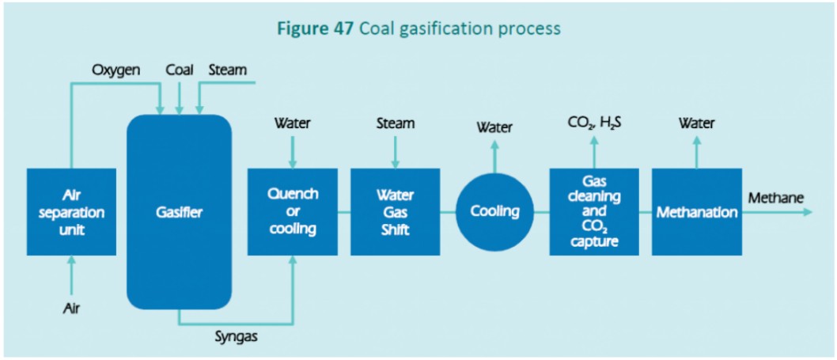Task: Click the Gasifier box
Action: [x=179, y=211]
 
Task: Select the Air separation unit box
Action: [x=71, y=211]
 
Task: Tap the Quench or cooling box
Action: [x=293, y=211]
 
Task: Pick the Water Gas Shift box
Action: [x=395, y=211]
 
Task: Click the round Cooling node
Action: [x=495, y=211]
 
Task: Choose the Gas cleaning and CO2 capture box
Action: [x=594, y=211]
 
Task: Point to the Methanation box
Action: [x=696, y=211]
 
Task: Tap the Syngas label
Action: [x=237, y=337]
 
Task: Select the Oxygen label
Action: [x=116, y=70]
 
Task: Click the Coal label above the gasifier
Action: [x=180, y=70]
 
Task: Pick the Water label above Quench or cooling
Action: [x=293, y=123]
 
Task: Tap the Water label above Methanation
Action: [x=696, y=123]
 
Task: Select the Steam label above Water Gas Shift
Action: [x=395, y=123]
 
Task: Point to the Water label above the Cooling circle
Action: [x=495, y=127]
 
